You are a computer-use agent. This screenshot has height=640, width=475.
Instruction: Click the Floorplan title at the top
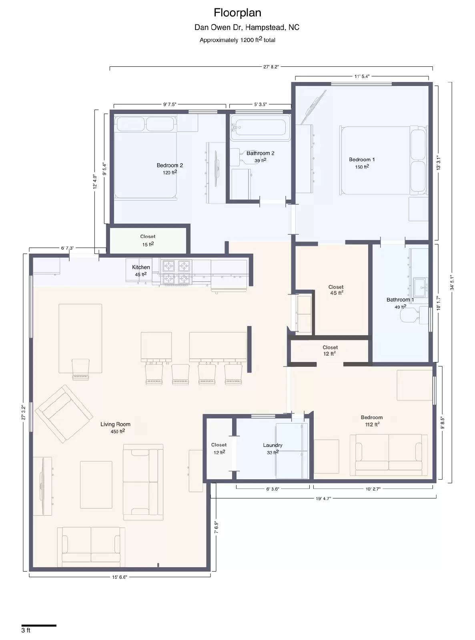pyautogui.click(x=237, y=13)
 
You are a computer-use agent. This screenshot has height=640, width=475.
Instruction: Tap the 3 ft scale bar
pyautogui.click(x=39, y=625)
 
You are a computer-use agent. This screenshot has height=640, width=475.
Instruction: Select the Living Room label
pyautogui.click(x=115, y=424)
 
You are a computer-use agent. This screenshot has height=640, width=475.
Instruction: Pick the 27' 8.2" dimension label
pyautogui.click(x=271, y=67)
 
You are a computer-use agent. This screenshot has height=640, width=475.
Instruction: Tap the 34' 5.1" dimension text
pyautogui.click(x=452, y=282)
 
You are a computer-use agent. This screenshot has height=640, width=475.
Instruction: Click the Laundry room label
pyautogui.click(x=273, y=445)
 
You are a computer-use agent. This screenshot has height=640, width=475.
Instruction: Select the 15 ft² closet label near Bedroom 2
pyautogui.click(x=148, y=240)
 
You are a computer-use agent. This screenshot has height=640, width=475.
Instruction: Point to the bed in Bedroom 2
pyautogui.click(x=145, y=157)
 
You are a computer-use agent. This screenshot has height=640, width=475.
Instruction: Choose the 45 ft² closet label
pyautogui.click(x=336, y=290)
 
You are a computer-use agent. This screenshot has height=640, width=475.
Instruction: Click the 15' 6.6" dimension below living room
pyautogui.click(x=119, y=577)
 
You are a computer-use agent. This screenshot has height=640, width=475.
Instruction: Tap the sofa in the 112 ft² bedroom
pyautogui.click(x=389, y=454)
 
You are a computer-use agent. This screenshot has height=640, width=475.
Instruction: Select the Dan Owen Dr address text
pyautogui.click(x=247, y=27)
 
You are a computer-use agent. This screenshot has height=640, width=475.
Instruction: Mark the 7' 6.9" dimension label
pyautogui.click(x=216, y=527)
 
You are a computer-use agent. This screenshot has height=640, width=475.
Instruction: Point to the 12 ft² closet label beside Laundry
pyautogui.click(x=219, y=448)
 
